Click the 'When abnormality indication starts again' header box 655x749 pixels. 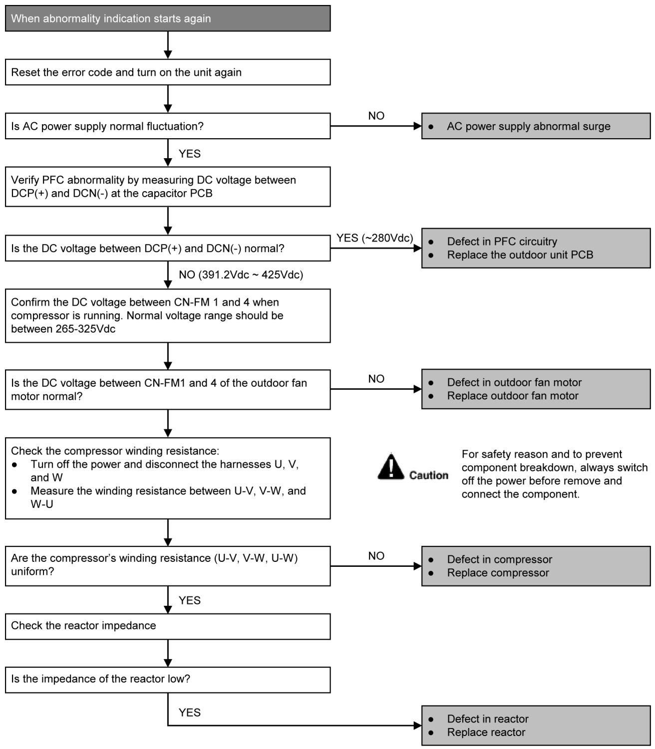pos(168,18)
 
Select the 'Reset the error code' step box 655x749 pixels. pos(168,72)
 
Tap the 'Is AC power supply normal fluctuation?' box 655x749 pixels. pos(168,126)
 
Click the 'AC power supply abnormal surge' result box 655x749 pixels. pos(536,126)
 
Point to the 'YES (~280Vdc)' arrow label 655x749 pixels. pos(374,238)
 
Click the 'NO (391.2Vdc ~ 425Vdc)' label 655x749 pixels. pos(241,274)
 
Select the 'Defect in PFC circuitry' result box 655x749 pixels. pos(536,248)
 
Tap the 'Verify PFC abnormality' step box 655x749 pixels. pos(168,187)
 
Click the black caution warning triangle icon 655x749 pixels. pos(391,467)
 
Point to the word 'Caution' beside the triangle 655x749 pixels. pos(429,475)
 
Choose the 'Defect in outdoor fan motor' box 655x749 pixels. pos(536,389)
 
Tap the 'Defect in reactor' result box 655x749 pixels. pos(536,726)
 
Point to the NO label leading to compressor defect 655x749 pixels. pos(376,556)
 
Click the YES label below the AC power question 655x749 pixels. pos(190,153)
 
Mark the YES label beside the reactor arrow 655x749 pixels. pos(190,713)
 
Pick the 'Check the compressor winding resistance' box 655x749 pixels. pos(168,478)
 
